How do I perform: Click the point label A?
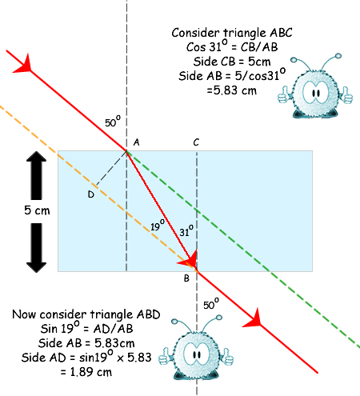pos(136,142)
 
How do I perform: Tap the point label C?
pos(196,142)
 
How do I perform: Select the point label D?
pos(91,194)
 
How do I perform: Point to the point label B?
pos(186,278)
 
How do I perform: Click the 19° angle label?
pos(158,226)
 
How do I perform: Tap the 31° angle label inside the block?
pos(186,231)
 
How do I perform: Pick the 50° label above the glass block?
pos(113,122)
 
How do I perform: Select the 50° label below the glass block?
pos(211,304)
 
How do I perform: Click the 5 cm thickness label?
pos(37,210)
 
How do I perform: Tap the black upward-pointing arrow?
pos(36,175)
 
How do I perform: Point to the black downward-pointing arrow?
pos(36,248)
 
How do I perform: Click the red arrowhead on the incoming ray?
pos(25,65)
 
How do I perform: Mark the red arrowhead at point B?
pos(190,259)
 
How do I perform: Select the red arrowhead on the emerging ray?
pos(254,319)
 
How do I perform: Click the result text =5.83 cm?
pos(231,90)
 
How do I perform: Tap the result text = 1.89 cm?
pos(86,372)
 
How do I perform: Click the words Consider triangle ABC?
pos(232,33)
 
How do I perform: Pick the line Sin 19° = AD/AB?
pos(86,328)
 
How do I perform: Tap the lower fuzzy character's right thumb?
pos(228,358)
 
